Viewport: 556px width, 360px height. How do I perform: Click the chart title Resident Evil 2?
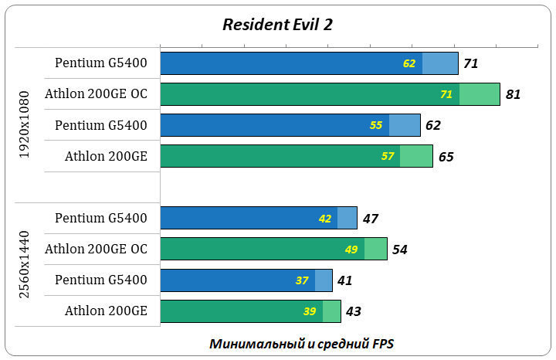coord(277,24)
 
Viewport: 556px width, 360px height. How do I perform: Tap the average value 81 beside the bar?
coord(514,95)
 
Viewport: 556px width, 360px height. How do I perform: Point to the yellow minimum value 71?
coord(446,94)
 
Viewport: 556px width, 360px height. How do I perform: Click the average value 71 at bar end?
coord(472,63)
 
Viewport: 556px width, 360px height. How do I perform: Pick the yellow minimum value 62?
coord(409,63)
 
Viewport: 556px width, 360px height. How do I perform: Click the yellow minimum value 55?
coord(376,125)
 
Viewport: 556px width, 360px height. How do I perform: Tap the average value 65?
coord(446,157)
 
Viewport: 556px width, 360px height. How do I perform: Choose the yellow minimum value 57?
coord(388,156)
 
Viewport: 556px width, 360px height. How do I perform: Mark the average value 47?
coord(371,219)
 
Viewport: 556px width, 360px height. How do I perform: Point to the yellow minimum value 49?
coord(351,250)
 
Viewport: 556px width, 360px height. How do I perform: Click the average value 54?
coord(400,250)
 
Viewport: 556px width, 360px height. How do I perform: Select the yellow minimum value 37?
coord(302,280)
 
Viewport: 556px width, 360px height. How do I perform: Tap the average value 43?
coord(354,311)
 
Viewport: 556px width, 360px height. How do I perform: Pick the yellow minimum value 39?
coord(310,311)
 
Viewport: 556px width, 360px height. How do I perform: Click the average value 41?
coord(345,280)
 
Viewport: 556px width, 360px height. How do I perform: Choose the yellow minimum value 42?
coord(325,219)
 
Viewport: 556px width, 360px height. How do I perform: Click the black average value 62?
coord(433,126)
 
